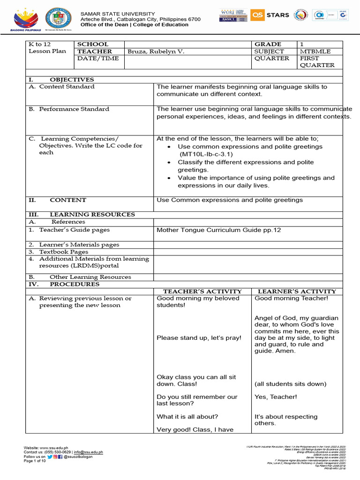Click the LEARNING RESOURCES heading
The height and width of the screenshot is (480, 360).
(x=92, y=214)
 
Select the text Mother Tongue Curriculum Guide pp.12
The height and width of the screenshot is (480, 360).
(x=218, y=230)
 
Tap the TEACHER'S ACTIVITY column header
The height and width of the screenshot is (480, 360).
(x=202, y=291)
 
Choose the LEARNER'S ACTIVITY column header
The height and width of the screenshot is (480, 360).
(x=297, y=291)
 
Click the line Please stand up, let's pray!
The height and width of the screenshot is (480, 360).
(x=199, y=337)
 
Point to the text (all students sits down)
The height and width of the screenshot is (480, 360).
(x=290, y=383)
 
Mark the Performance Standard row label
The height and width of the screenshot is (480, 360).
(x=74, y=109)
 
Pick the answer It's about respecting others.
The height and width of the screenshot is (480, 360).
(x=285, y=420)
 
